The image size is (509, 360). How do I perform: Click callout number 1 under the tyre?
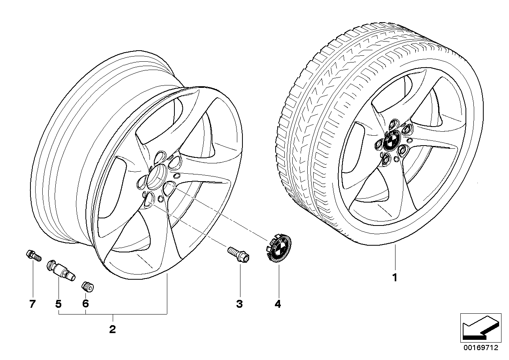pos(395,277)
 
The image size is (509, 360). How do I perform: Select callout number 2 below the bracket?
pos(112,329)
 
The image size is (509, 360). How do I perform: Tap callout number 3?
pos(240,304)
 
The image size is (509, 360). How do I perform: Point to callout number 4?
pos(278,304)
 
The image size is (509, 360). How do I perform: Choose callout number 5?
pos(59,304)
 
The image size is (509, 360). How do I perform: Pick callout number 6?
pos(85,304)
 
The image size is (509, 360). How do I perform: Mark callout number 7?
pos(32,304)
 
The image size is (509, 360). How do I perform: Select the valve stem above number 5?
pos(61,270)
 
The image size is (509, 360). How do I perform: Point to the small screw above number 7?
pos(33,256)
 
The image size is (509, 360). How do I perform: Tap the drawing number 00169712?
pos(481,354)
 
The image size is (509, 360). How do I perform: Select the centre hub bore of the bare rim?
pos(157,177)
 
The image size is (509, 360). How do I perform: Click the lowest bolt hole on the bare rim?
pos(149,200)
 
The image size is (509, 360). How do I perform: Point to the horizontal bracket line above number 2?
pos(113,314)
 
